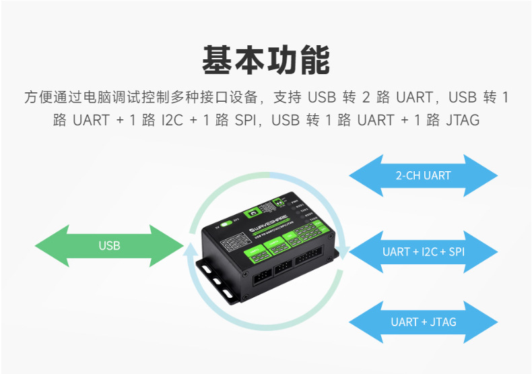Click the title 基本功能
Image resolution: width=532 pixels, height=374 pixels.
[266, 59]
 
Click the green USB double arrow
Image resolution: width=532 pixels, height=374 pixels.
[109, 245]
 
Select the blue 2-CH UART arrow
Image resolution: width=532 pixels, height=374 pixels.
[423, 175]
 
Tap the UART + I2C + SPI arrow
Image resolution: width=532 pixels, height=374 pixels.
[423, 251]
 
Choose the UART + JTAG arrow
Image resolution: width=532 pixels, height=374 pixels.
[423, 321]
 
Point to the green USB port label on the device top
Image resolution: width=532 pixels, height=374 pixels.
[253, 211]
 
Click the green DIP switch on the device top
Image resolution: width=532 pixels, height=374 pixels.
[277, 201]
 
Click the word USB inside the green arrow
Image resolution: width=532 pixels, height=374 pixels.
[109, 245]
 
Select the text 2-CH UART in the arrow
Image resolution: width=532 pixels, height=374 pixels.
[423, 175]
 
